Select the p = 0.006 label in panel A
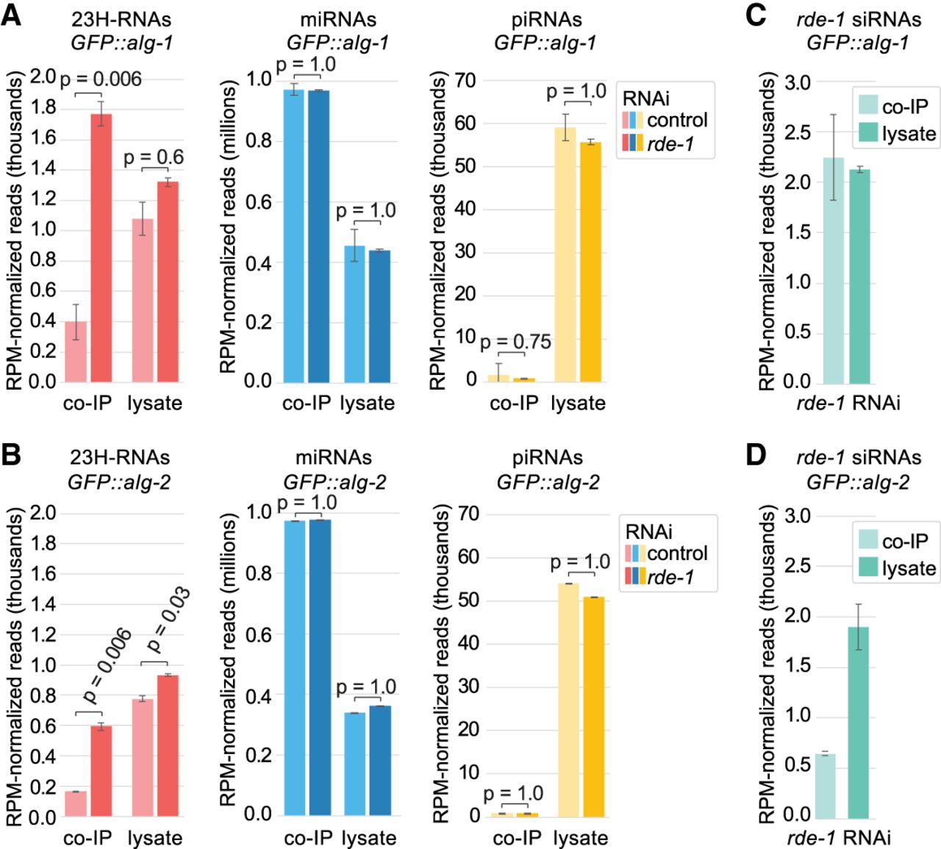(x=101, y=79)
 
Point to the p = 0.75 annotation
(x=515, y=342)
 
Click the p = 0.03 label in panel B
(x=168, y=620)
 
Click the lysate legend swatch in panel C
(x=869, y=133)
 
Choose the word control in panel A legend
(x=677, y=120)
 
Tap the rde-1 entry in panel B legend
(x=670, y=577)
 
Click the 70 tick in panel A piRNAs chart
(x=465, y=80)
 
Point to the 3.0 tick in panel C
(x=797, y=82)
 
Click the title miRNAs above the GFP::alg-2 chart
(x=334, y=457)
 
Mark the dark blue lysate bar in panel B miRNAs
(x=380, y=761)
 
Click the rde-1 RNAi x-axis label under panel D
(x=839, y=837)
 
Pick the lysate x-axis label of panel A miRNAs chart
(x=368, y=403)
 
